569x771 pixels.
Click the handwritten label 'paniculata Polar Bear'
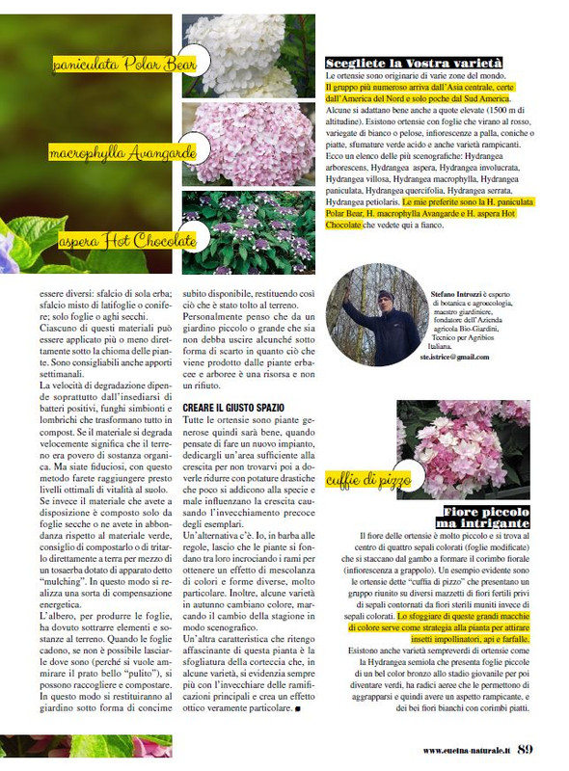tap(124, 66)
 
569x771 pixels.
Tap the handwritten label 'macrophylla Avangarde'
tap(123, 152)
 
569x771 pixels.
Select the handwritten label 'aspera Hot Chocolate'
tap(125, 239)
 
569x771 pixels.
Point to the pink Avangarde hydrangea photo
tap(248, 144)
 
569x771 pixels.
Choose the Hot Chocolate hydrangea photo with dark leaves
tap(248, 233)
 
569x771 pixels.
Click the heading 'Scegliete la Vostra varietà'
tap(414, 64)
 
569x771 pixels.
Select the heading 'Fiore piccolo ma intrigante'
tap(486, 517)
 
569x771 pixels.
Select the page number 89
tap(526, 749)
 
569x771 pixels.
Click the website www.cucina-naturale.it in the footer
tap(465, 751)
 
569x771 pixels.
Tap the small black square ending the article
tap(298, 709)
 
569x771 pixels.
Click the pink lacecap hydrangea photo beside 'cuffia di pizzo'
tap(463, 450)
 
